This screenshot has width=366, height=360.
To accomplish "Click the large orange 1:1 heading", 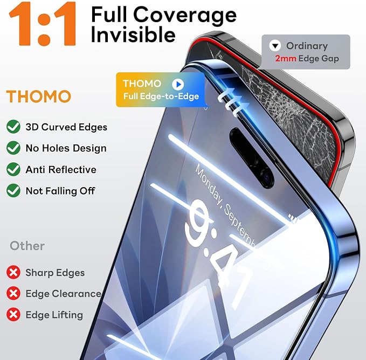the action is point(43,24).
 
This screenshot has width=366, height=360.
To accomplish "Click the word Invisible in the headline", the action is point(133,34).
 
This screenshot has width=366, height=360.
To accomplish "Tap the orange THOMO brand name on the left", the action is point(38,96).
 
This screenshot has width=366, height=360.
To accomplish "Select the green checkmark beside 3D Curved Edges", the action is point(13,127).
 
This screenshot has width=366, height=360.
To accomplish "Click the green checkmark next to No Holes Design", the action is point(13,148).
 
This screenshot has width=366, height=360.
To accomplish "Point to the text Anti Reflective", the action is point(61,170).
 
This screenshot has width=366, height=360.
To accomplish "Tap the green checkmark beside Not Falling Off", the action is point(13,191).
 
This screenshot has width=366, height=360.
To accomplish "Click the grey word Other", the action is point(27,246).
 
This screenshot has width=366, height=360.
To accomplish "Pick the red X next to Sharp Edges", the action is point(13,272).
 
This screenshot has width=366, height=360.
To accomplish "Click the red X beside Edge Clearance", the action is point(13,293).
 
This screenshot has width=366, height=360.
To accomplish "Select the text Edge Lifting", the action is point(54,315).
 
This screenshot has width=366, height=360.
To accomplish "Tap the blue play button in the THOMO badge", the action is point(178,84).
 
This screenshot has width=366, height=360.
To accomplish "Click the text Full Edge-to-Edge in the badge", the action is point(161,96).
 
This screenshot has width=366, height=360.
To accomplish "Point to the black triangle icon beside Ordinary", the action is point(275,46).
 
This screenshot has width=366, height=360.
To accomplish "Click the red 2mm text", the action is point(286,58).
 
